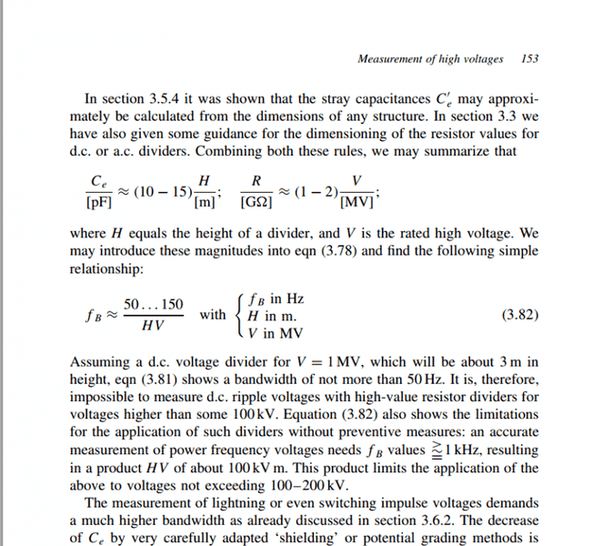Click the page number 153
[530, 59]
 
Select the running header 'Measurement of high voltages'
[430, 59]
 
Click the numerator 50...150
[153, 304]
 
